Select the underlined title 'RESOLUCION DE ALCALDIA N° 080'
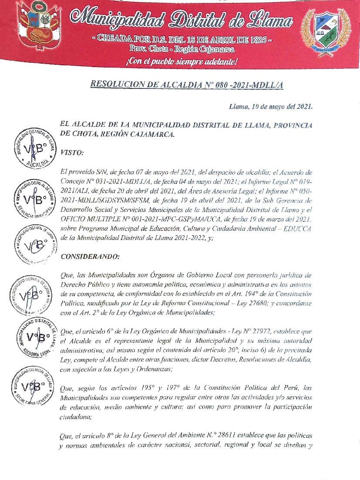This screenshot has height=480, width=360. coord(187,85)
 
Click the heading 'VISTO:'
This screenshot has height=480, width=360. coord(73,152)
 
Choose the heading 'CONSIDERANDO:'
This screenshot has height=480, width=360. coord(90,257)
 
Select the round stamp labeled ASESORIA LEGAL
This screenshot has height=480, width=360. coord(35,337)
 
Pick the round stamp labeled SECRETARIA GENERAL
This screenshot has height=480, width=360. coord(34,386)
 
